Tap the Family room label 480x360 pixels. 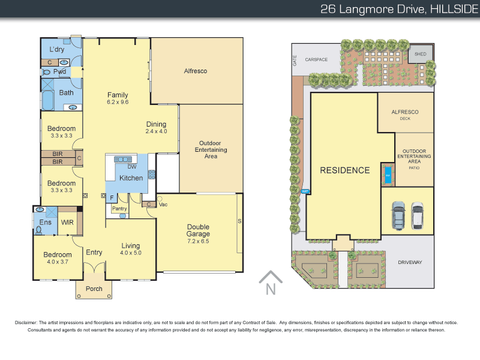coord(118,95)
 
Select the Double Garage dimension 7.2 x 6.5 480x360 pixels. coord(197,241)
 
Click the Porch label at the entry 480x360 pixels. coord(94,289)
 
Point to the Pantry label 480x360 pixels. coord(119,209)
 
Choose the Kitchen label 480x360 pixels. coord(131,178)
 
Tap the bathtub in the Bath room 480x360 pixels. coord(49,100)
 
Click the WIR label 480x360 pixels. coord(67,223)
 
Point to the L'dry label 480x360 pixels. coord(57,49)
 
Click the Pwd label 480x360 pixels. coord(59,71)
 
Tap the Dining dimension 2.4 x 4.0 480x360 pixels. coord(156,131)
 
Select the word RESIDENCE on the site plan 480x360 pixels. coord(344,170)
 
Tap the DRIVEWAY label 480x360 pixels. coord(410,262)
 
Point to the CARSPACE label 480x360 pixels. coord(316,60)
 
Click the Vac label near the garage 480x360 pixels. coord(162,205)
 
